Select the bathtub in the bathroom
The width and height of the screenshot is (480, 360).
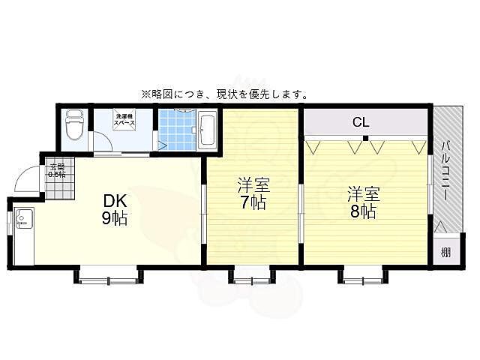click(x=207, y=129)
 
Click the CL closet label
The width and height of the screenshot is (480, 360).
click(x=361, y=121)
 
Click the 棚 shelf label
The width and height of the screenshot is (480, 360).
click(x=445, y=251)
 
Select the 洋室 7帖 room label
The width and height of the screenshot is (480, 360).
click(x=253, y=193)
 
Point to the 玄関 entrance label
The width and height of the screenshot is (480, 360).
click(x=57, y=170)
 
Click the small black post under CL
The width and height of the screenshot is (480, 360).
click(x=365, y=139)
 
